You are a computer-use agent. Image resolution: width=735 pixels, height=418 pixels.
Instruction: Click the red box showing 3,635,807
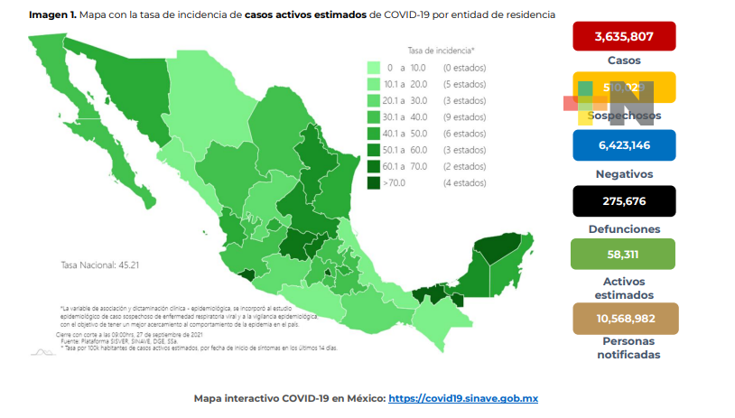[624, 38]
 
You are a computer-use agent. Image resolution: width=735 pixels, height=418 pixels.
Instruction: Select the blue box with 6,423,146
[624, 144]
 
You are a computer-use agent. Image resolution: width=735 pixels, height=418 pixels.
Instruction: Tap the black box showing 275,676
[624, 200]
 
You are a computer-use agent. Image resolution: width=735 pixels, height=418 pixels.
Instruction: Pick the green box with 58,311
[624, 255]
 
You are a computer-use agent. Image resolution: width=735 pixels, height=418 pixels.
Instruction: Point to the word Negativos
[624, 173]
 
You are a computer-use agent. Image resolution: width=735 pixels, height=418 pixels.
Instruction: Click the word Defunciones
[624, 228]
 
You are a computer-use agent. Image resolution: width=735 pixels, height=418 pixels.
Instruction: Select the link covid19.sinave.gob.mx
[463, 398]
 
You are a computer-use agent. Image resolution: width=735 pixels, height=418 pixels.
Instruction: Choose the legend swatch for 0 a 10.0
[373, 68]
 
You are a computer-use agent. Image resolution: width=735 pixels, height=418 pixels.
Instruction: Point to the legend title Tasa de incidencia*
[441, 51]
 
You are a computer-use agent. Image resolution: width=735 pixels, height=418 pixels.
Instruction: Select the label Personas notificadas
[624, 348]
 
